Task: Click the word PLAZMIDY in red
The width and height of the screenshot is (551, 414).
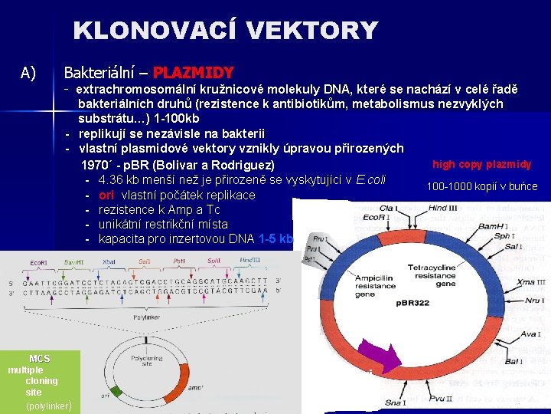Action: tap(193, 73)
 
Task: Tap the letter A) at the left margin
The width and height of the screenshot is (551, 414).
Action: tap(29, 73)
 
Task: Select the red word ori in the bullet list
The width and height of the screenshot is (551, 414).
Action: tap(106, 195)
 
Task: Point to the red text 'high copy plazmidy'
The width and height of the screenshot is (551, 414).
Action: tap(481, 164)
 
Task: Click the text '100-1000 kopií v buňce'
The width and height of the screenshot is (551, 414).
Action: tap(481, 186)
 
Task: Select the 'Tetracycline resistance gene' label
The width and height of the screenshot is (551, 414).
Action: tap(435, 274)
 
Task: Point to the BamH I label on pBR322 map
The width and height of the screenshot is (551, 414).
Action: tap(490, 228)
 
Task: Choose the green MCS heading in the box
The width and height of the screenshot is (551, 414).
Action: tap(39, 359)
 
